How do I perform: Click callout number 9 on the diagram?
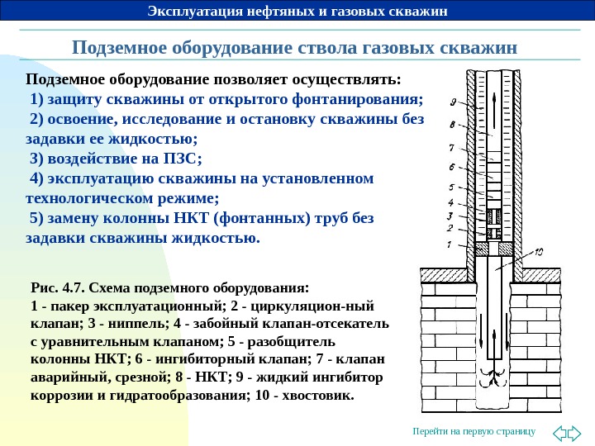tap(453, 102)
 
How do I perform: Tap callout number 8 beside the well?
tap(452, 126)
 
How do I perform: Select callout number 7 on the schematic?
tap(451, 149)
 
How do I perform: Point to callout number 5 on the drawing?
tap(450, 187)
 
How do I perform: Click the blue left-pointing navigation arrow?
tap(558, 432)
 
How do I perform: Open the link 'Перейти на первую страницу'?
tap(474, 432)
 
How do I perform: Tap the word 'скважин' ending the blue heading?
tap(481, 47)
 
